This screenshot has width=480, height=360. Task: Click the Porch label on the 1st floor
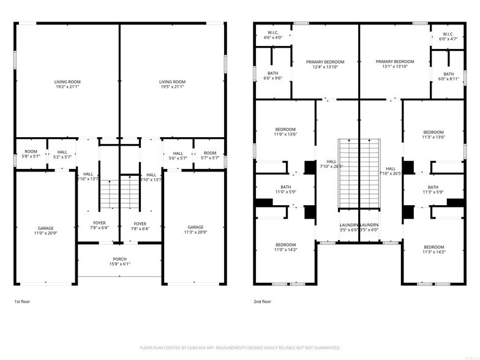[x=120, y=261]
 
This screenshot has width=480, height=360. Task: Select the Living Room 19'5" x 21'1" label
[x=172, y=84]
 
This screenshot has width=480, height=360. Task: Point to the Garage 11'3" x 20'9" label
[x=195, y=230]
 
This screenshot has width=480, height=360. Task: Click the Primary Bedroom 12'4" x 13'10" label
[x=326, y=64]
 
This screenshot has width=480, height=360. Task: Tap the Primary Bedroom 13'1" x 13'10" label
[x=395, y=64]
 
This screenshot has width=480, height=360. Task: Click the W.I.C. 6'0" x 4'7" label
[x=448, y=36]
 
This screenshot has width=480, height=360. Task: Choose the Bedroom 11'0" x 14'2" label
[x=285, y=249]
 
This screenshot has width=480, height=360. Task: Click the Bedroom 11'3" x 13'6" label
[x=433, y=135]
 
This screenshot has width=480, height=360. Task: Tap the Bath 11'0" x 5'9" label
[x=285, y=190]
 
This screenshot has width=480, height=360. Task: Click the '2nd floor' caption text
[x=261, y=302]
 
